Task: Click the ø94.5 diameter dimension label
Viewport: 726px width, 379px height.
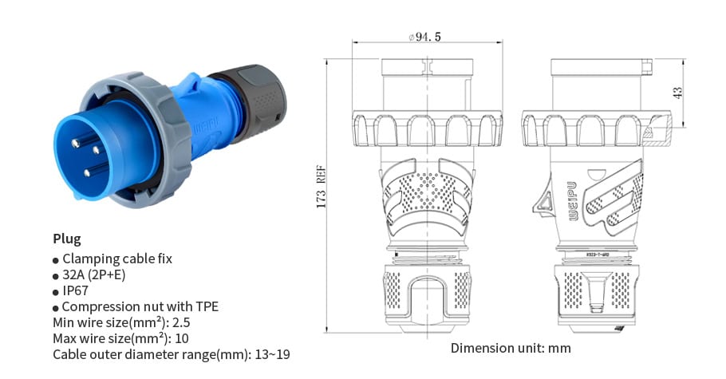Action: click(x=425, y=37)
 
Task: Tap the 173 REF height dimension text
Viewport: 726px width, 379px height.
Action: click(x=322, y=188)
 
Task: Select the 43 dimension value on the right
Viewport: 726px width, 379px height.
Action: click(x=679, y=93)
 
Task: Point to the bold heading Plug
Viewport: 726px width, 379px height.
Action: click(x=67, y=239)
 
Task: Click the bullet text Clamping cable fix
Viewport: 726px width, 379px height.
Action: click(x=116, y=259)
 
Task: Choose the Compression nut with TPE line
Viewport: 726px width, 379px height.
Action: click(x=140, y=306)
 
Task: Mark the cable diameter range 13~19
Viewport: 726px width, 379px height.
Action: click(x=271, y=354)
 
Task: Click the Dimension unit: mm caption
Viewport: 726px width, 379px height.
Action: click(x=511, y=348)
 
